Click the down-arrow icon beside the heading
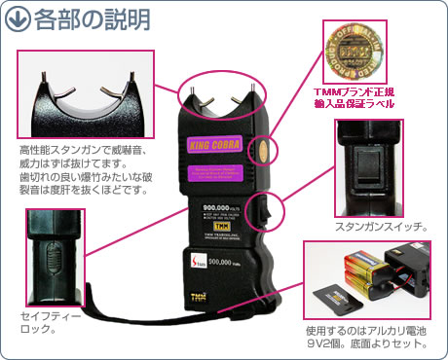pyautogui.click(x=17, y=18)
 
